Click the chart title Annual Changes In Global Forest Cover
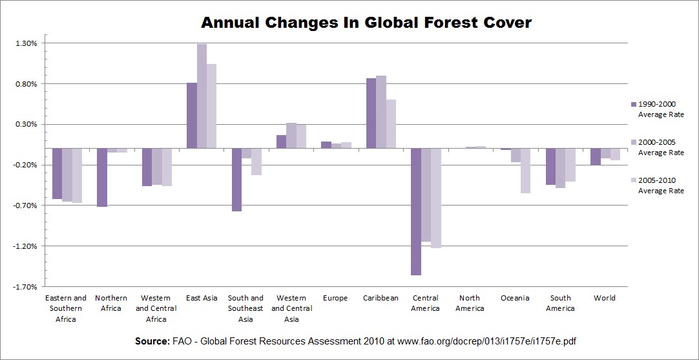[366, 23]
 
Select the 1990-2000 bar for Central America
[416, 211]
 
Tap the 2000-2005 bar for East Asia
[202, 96]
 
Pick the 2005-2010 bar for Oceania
[525, 171]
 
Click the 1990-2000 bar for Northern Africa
[101, 177]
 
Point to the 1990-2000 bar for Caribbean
[371, 113]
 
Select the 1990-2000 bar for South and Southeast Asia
[236, 180]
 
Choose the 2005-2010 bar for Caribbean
[391, 123]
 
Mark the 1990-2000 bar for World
[596, 156]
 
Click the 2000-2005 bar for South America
[560, 168]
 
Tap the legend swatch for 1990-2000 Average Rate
[633, 104]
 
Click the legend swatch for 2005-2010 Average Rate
[633, 180]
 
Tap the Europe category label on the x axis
[335, 298]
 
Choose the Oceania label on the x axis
[515, 298]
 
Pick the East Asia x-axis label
[202, 298]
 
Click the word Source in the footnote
[152, 341]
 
